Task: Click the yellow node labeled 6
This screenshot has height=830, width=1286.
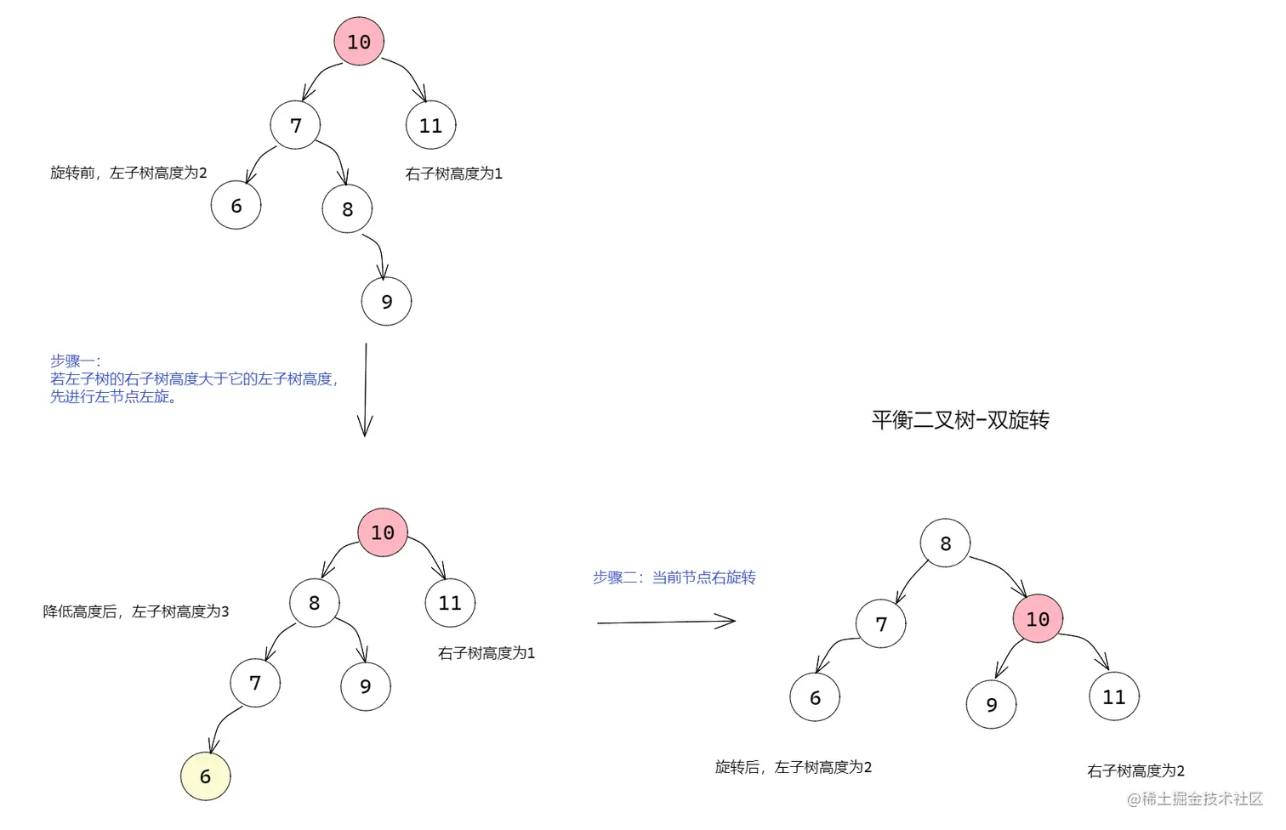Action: pyautogui.click(x=206, y=776)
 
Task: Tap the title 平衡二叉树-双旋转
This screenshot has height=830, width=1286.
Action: pyautogui.click(x=960, y=420)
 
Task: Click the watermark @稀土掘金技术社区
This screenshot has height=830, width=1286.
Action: pyautogui.click(x=1194, y=799)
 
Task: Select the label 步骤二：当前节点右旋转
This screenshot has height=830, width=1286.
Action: pyautogui.click(x=674, y=578)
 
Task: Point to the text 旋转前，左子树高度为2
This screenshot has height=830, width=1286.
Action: pyautogui.click(x=128, y=173)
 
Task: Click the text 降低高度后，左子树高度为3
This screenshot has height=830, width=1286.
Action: pyautogui.click(x=136, y=612)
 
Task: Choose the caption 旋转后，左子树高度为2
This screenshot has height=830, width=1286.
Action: pyautogui.click(x=794, y=768)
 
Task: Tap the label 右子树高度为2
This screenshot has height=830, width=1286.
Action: pyautogui.click(x=1135, y=771)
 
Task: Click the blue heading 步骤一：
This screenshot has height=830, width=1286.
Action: pyautogui.click(x=75, y=361)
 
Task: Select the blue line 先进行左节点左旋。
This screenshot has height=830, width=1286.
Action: pyautogui.click(x=113, y=397)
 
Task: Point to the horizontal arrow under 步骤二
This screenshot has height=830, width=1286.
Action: pyautogui.click(x=665, y=622)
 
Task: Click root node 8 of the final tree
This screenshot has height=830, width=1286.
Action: pyautogui.click(x=945, y=543)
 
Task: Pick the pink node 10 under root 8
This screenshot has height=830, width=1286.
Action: pyautogui.click(x=1038, y=619)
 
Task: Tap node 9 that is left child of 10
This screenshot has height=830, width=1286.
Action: pyautogui.click(x=991, y=705)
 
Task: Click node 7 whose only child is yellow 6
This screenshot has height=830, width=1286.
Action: pyautogui.click(x=255, y=683)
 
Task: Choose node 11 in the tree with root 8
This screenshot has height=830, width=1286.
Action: pyautogui.click(x=1113, y=697)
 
